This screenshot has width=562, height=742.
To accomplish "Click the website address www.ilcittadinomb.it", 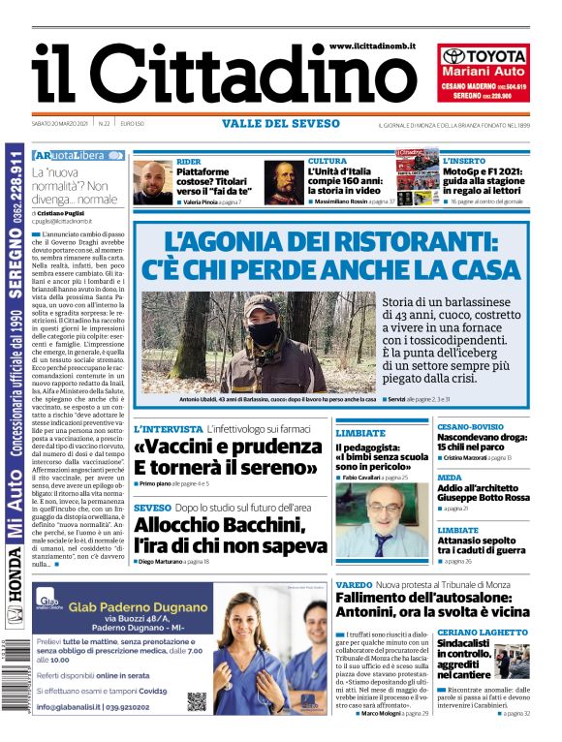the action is (x=372, y=46).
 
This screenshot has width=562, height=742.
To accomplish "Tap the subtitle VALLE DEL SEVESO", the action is (x=281, y=124).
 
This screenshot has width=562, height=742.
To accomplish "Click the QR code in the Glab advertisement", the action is (x=197, y=700).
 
